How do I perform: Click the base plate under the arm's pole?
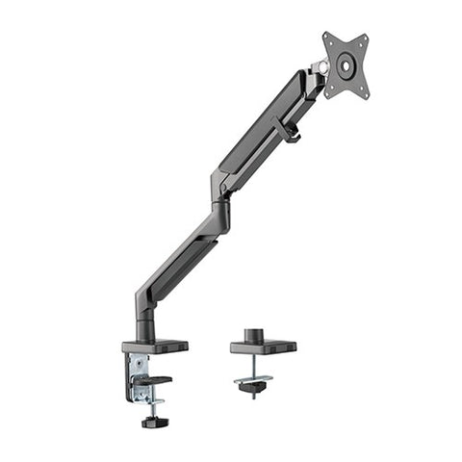pos(155,346)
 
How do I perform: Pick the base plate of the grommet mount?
pos(263,346)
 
